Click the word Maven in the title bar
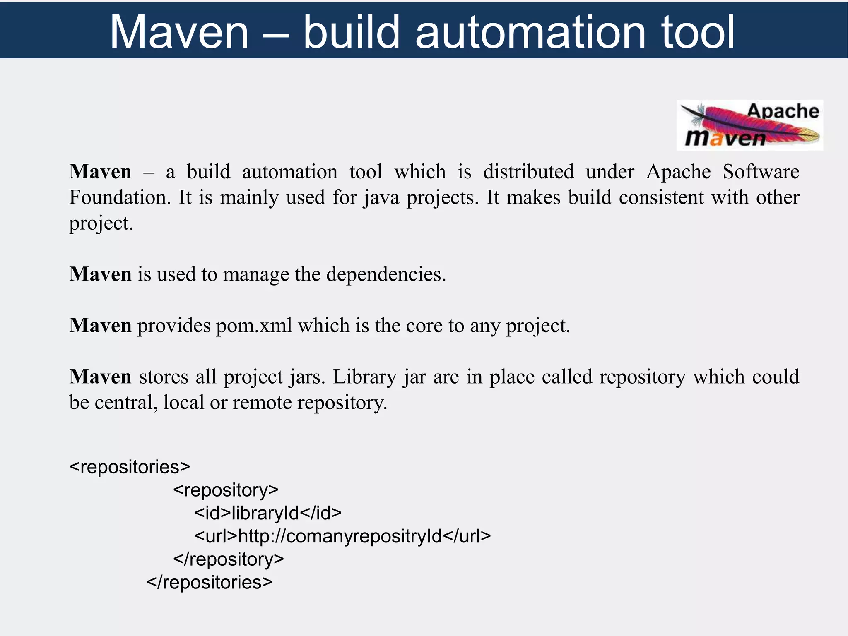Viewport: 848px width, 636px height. tap(179, 32)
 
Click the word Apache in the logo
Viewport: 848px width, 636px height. tap(783, 111)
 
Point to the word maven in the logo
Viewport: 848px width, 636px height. tap(725, 138)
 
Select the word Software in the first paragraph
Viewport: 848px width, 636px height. tap(761, 172)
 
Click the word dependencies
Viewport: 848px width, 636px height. tap(386, 274)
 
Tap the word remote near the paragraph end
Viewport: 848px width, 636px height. tap(262, 403)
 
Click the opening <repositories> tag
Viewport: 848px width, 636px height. tap(130, 467)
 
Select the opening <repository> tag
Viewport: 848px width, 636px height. tap(226, 490)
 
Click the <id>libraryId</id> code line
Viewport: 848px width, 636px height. tap(268, 513)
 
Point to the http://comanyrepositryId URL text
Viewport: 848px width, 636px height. tap(340, 536)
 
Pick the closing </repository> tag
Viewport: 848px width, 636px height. tap(228, 559)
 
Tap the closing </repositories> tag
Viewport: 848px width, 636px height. tap(209, 582)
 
